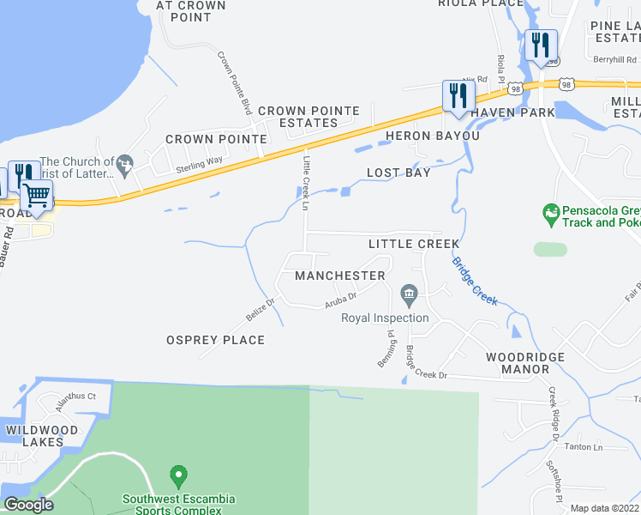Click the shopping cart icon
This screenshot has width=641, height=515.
point(36,195)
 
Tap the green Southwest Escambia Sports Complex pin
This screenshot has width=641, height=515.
point(178,475)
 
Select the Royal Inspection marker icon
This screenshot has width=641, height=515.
point(409,298)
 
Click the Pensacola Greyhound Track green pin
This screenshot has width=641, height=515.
point(550,211)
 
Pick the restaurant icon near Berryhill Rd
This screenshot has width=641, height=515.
point(541,44)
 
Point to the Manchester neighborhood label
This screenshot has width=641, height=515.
point(340,276)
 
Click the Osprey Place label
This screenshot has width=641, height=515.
point(215,340)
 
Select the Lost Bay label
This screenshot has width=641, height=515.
point(398,173)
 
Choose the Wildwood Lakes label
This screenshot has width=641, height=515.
point(41,436)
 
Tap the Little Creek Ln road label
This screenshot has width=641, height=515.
point(305,178)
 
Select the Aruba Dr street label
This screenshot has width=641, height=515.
point(339,302)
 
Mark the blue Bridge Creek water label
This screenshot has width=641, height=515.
point(475,280)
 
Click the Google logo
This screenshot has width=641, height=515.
point(28,506)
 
